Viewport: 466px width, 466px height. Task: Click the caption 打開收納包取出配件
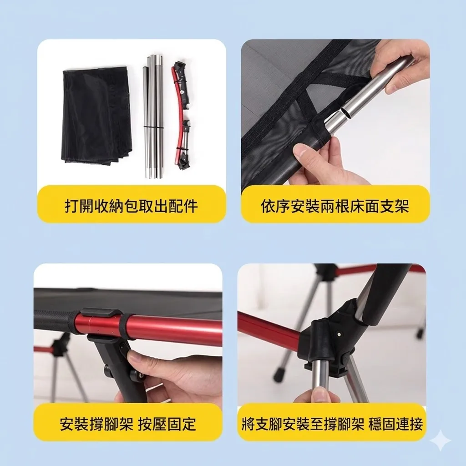(131, 206)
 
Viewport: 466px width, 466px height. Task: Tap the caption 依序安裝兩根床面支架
(335, 206)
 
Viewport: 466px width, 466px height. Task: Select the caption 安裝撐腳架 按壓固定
(128, 424)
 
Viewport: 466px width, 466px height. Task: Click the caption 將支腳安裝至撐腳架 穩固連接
(332, 424)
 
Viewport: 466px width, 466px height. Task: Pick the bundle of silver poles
(154, 116)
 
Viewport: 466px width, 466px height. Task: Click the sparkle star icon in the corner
(441, 441)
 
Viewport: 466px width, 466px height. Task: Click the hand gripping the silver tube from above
(400, 64)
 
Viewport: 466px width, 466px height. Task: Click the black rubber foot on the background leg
(279, 376)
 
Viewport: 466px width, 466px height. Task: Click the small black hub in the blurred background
(59, 348)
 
